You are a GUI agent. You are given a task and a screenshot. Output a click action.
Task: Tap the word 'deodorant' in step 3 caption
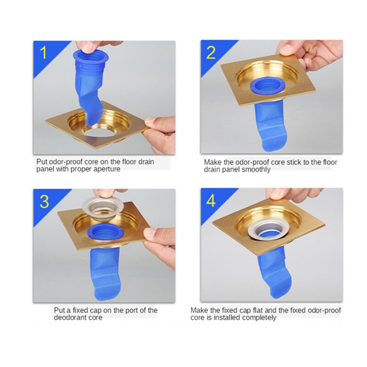(x=69, y=317)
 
